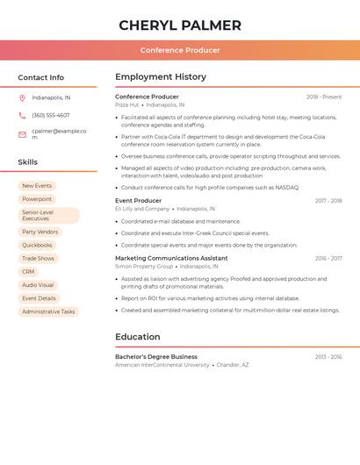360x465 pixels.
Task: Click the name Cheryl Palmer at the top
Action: click(x=180, y=25)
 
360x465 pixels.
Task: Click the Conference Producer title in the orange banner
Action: click(x=180, y=50)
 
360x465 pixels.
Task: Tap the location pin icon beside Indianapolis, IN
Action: click(x=22, y=97)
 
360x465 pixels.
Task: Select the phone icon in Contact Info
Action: click(x=22, y=115)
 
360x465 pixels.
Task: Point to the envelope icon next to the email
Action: click(x=22, y=134)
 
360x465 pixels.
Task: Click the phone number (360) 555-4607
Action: click(x=51, y=115)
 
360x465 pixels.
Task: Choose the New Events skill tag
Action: click(x=37, y=186)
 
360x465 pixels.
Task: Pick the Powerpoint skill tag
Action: click(x=37, y=199)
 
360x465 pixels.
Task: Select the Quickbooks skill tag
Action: click(x=38, y=246)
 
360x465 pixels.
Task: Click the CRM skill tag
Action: click(x=28, y=272)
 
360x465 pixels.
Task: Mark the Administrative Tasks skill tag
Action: click(x=48, y=311)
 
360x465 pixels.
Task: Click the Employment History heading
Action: click(x=161, y=77)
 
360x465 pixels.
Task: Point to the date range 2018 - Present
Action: click(x=324, y=97)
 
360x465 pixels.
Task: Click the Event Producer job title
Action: click(x=138, y=201)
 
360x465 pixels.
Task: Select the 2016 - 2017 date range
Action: click(x=328, y=259)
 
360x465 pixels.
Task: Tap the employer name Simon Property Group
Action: click(x=144, y=266)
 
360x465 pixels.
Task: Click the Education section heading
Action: click(x=138, y=337)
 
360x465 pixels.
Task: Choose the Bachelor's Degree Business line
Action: click(x=156, y=357)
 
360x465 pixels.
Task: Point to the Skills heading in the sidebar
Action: click(x=28, y=162)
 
